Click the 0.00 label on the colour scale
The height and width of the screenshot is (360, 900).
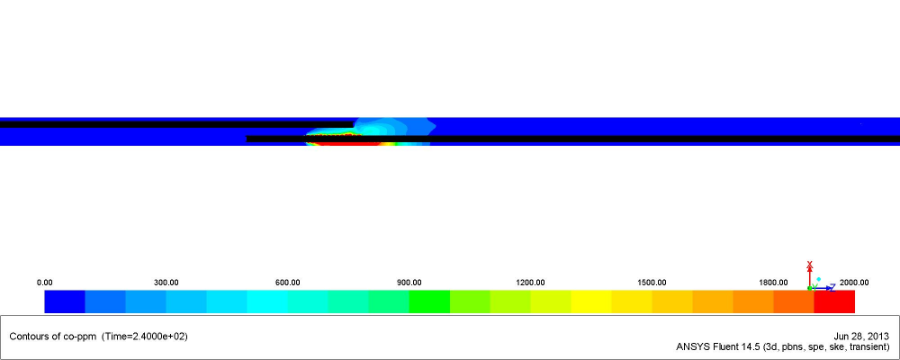click(44, 283)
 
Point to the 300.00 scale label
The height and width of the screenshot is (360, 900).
click(166, 283)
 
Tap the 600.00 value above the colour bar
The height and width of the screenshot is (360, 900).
click(288, 283)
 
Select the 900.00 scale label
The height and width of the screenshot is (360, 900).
click(409, 283)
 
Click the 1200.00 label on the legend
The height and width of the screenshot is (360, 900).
click(530, 283)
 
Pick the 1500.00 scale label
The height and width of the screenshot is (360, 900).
click(652, 283)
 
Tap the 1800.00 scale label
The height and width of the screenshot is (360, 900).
click(773, 283)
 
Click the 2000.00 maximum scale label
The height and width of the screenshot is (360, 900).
click(854, 283)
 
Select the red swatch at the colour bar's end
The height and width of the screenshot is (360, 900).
click(834, 301)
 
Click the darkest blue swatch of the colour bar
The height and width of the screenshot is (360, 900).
click(65, 301)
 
